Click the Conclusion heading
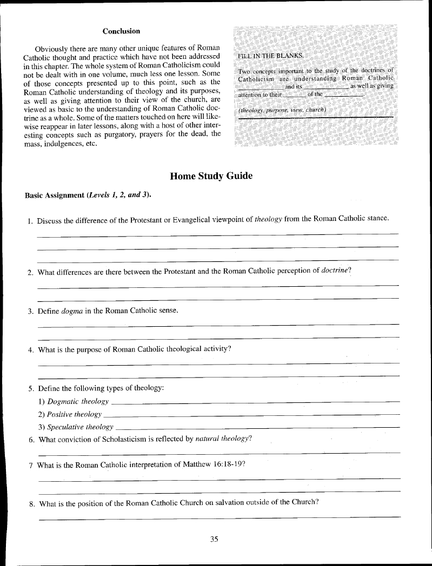121,31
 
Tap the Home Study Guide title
211,176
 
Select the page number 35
214,538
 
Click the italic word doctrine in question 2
336,271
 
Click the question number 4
30,349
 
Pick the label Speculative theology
80,427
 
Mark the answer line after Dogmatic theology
254,402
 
